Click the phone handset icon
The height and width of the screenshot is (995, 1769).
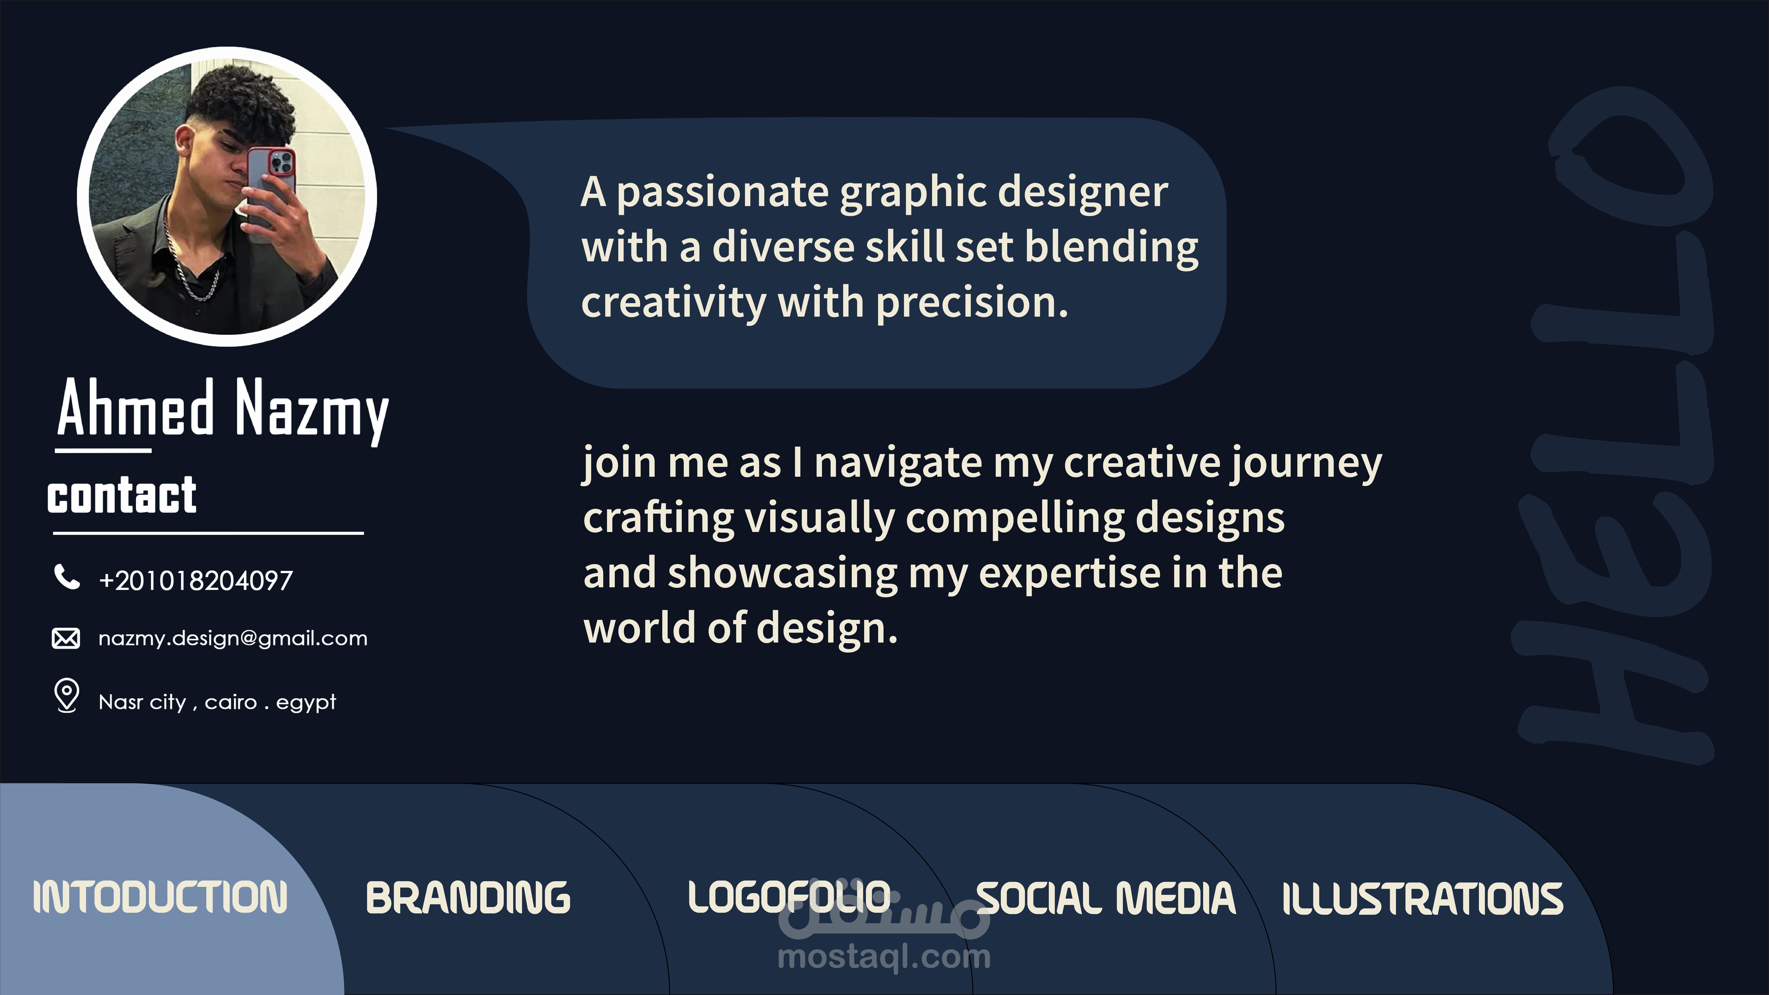pyautogui.click(x=67, y=577)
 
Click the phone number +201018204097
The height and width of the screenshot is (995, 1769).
pyautogui.click(x=196, y=580)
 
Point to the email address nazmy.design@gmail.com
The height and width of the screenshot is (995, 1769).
pyautogui.click(x=233, y=639)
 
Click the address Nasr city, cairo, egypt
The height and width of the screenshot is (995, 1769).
pyautogui.click(x=217, y=702)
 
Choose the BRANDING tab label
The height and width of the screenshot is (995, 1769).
pyautogui.click(x=468, y=897)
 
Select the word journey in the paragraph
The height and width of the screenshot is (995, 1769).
pyautogui.click(x=1306, y=463)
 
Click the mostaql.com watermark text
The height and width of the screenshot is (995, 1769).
pyautogui.click(x=884, y=957)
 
